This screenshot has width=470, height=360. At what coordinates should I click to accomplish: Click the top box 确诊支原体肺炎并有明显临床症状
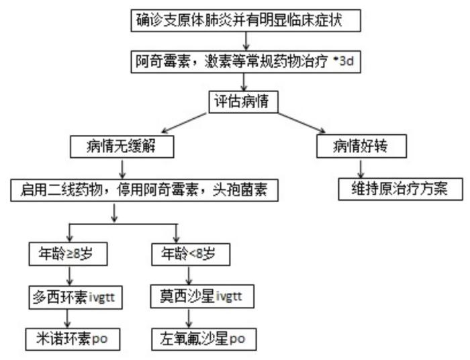pos(245,20)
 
